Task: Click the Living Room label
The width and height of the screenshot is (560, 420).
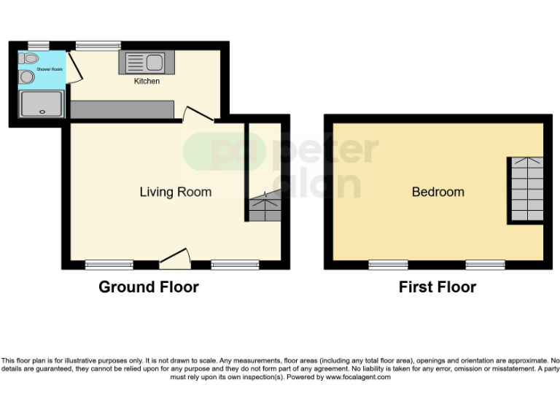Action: [176, 192]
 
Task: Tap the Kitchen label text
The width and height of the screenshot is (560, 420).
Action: [147, 81]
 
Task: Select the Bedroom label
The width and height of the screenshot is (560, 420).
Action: [437, 192]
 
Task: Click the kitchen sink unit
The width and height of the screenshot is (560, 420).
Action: [146, 63]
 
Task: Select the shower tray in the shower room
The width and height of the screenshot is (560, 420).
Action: [41, 104]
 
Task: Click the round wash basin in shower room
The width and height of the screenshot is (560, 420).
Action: [27, 77]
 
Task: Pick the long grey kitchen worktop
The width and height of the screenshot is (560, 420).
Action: [122, 109]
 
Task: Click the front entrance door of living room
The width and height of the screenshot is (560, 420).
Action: [175, 258]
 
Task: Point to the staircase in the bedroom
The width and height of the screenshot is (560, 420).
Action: [525, 189]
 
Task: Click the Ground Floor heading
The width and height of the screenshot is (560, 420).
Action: [149, 287]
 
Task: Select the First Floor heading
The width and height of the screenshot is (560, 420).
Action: [437, 287]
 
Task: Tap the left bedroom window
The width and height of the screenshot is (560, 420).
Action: [388, 264]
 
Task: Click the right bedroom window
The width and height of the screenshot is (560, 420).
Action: [486, 264]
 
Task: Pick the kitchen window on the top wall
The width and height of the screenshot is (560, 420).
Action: [98, 46]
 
